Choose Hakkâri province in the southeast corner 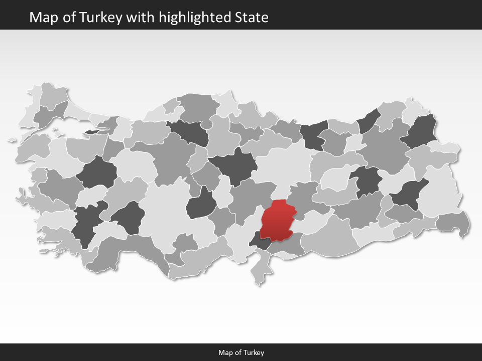point(453,222)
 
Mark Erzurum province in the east point(384,145)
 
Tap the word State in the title point(252,18)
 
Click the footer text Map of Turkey point(241,352)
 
